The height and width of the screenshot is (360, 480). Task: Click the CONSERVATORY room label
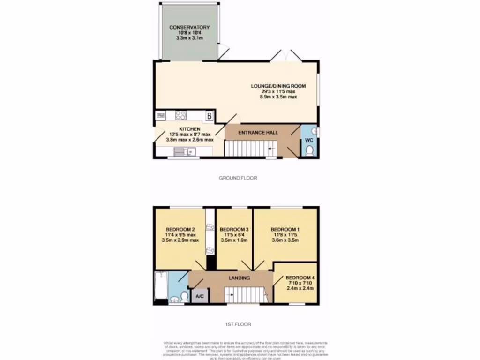(x=189, y=27)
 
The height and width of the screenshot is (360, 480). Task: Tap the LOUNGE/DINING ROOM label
(x=278, y=86)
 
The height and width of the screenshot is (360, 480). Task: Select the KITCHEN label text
(x=189, y=129)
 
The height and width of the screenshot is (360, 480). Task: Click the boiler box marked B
(x=210, y=115)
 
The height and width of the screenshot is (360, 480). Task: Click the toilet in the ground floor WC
(x=309, y=150)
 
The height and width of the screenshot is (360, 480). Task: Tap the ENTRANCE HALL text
(x=258, y=133)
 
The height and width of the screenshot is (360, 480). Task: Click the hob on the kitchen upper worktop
(x=181, y=115)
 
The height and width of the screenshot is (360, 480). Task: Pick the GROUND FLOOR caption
(x=238, y=178)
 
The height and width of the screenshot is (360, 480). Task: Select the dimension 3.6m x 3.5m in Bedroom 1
(x=285, y=240)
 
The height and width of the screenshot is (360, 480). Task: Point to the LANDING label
(x=239, y=278)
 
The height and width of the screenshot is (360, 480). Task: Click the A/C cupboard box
(x=200, y=296)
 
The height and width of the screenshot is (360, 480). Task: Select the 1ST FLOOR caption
(x=238, y=324)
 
